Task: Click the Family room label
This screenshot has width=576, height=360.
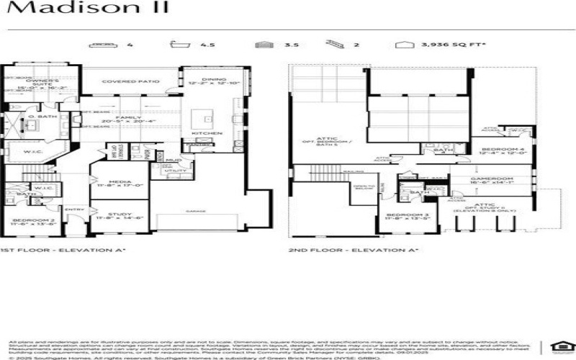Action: pos(130,119)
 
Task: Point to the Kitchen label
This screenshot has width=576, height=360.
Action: pos(202,133)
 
